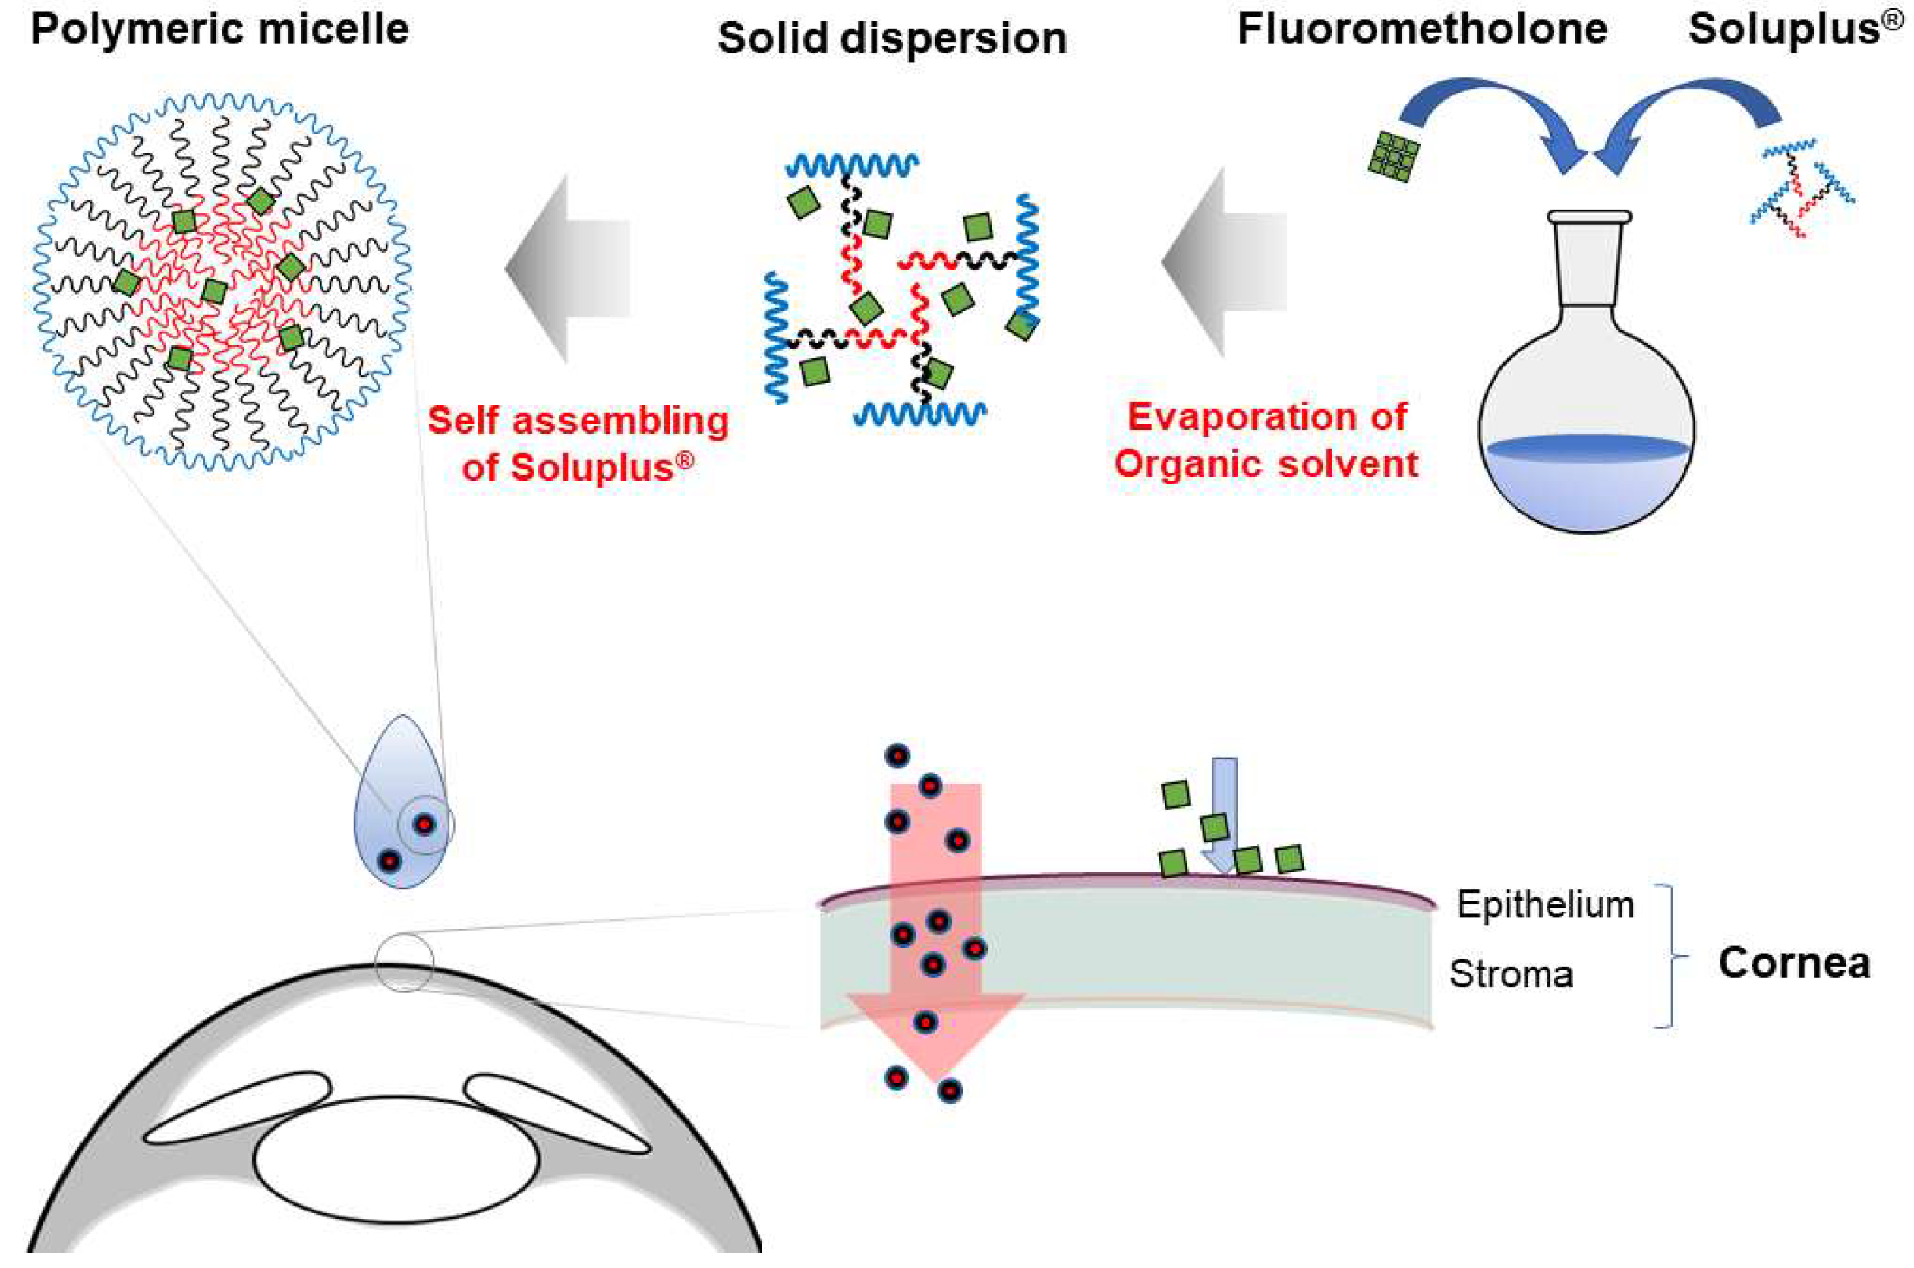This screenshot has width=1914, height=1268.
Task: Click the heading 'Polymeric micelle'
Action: coord(220,30)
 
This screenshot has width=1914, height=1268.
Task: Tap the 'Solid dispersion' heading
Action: coord(892,39)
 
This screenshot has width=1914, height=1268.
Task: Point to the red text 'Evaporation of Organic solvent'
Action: coord(1266,440)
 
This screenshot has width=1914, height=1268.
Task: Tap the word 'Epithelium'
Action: coord(1544,904)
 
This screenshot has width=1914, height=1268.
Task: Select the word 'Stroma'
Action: coord(1511,973)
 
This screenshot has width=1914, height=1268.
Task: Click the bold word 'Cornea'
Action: coord(1793,963)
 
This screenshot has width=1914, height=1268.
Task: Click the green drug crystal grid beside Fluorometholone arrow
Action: coord(1394,156)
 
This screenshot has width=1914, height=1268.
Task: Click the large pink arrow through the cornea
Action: coord(935,930)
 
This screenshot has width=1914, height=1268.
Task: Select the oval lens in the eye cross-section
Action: coord(396,1159)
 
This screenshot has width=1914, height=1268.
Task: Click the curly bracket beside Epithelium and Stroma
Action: coord(1667,956)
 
